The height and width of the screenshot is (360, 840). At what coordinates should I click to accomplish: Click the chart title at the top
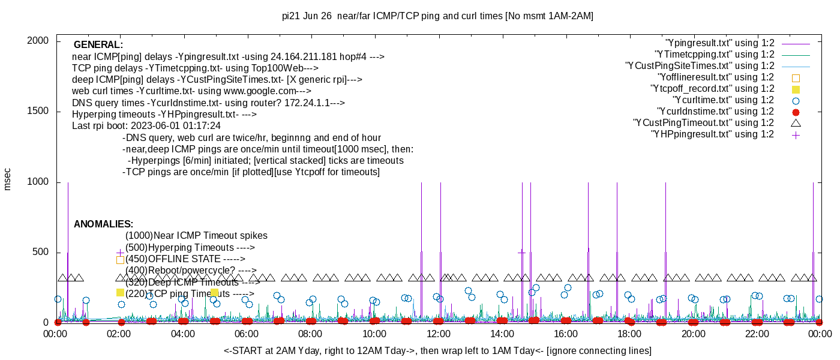click(437, 16)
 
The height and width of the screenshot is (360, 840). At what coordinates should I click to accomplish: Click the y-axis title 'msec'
click(7, 179)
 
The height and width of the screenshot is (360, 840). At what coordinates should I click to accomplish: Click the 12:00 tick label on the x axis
click(438, 334)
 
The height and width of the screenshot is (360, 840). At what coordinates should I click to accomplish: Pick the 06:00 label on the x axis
click(247, 334)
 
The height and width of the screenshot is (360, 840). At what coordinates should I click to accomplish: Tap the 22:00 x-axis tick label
click(757, 334)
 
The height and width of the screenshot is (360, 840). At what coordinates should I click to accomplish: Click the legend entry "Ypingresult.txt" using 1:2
click(719, 43)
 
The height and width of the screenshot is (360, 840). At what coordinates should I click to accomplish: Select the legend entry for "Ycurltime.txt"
click(723, 100)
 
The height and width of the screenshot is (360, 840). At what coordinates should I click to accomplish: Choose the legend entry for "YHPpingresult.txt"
click(712, 134)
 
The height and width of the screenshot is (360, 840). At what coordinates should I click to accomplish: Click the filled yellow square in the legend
click(796, 89)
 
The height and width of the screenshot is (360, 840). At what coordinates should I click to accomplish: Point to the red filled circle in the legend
click(796, 112)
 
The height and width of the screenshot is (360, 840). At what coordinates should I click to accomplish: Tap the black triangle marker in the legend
click(796, 123)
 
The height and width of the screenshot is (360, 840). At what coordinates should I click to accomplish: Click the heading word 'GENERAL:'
click(98, 45)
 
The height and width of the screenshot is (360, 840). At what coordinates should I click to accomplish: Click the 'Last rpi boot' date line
click(146, 126)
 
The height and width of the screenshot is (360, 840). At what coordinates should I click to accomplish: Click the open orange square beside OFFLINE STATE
click(120, 260)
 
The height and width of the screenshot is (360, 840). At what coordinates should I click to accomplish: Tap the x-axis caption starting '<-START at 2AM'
click(437, 350)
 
